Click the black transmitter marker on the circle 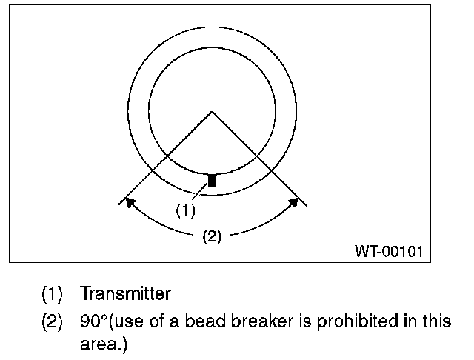tap(212, 180)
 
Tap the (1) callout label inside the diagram tap(185, 210)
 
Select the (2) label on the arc tap(212, 237)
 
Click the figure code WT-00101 tap(389, 251)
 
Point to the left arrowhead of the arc tap(129, 201)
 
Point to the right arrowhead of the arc tap(295, 201)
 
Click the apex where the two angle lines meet tap(213, 112)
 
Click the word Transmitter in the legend tap(125, 294)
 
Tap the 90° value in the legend tap(94, 322)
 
